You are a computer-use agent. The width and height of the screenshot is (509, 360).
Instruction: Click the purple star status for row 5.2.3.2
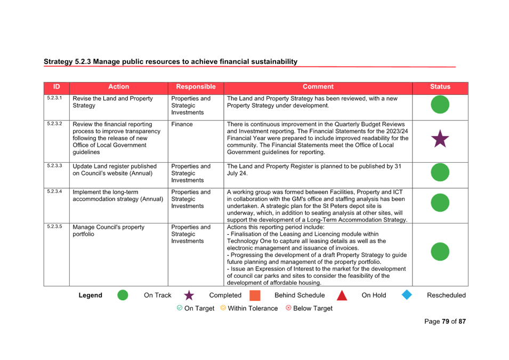point(440,139)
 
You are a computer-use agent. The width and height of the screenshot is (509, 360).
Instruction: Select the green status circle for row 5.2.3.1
point(440,105)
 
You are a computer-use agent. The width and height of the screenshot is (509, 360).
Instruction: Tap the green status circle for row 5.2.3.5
point(440,252)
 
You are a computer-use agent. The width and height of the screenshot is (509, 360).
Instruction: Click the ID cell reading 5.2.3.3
point(54,166)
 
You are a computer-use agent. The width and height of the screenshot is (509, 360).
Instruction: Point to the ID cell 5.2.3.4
point(54,191)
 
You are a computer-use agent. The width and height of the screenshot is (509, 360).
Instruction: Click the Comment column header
point(318,87)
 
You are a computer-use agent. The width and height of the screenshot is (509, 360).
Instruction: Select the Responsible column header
point(196,87)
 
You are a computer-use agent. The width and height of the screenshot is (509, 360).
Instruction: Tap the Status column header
point(440,87)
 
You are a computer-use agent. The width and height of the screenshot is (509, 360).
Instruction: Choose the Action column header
point(118,87)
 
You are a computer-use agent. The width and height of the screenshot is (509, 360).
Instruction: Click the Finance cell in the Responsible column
point(182,124)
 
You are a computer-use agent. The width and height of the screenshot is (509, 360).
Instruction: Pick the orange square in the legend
point(255,295)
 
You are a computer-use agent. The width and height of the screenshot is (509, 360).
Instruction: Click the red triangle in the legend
point(342,295)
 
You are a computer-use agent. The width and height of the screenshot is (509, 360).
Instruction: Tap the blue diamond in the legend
point(407,295)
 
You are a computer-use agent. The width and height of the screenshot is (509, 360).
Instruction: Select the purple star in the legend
point(189,295)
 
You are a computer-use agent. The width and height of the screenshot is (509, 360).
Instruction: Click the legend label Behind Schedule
point(300,295)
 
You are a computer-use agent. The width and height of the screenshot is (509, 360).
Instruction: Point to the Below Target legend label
point(313,308)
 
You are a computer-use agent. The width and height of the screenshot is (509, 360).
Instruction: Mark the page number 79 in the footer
point(446,322)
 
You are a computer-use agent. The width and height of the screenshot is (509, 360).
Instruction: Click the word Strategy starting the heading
point(58,62)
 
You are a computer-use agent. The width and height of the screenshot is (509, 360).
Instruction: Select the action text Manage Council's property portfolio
point(108,231)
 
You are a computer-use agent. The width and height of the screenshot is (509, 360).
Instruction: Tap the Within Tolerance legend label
point(253,308)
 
